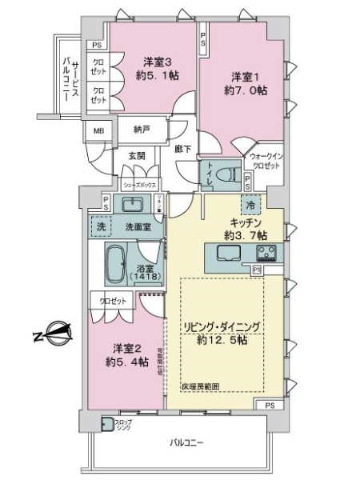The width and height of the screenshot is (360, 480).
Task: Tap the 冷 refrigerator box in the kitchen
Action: tap(252, 204)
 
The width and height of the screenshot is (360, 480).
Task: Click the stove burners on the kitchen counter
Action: tap(266, 254)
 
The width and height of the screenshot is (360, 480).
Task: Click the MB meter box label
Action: tap(99, 131)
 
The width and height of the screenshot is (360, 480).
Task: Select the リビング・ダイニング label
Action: tap(226, 328)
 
